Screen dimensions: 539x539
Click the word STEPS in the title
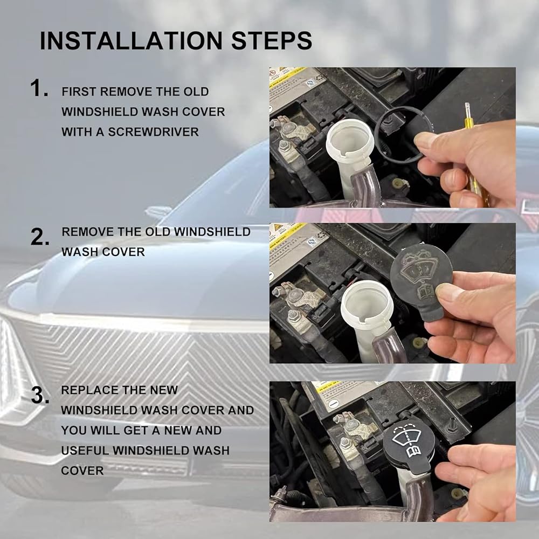pos(272,40)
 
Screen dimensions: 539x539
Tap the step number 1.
pos(39,88)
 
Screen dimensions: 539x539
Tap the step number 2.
pos(39,237)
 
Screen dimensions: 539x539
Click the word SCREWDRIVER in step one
pos(153,132)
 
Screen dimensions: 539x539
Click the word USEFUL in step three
pos(85,450)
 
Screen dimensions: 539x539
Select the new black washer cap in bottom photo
pos(409,447)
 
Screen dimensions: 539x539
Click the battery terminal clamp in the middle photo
pos(299,295)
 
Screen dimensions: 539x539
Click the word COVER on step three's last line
pos(82,471)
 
